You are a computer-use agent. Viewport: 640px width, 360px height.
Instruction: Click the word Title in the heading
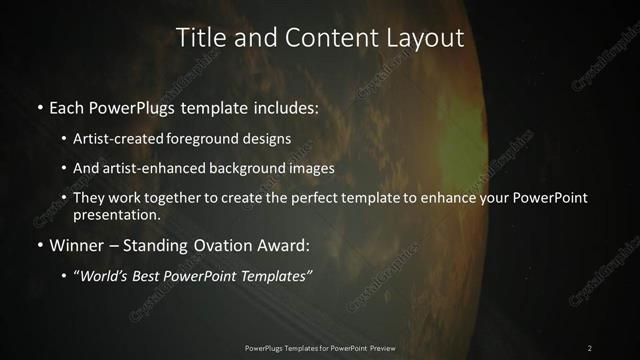click(x=200, y=38)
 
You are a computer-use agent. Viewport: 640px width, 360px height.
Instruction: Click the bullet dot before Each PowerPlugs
click(x=39, y=106)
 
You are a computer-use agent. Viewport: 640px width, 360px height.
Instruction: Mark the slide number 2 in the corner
click(x=589, y=348)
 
